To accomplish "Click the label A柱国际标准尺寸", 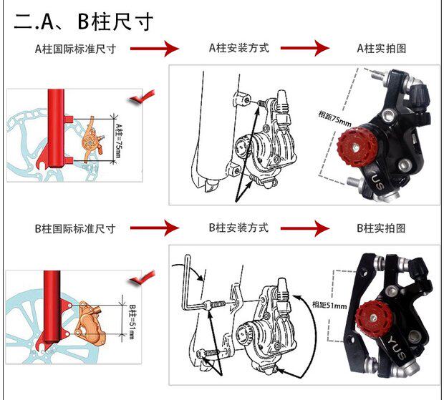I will pyautogui.click(x=76, y=49).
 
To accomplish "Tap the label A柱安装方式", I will pyautogui.click(x=238, y=49).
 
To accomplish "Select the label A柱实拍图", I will pyautogui.click(x=382, y=49).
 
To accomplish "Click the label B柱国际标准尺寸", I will pyautogui.click(x=76, y=228).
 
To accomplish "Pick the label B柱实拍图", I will pyautogui.click(x=382, y=228).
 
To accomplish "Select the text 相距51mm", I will pyautogui.click(x=330, y=304).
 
